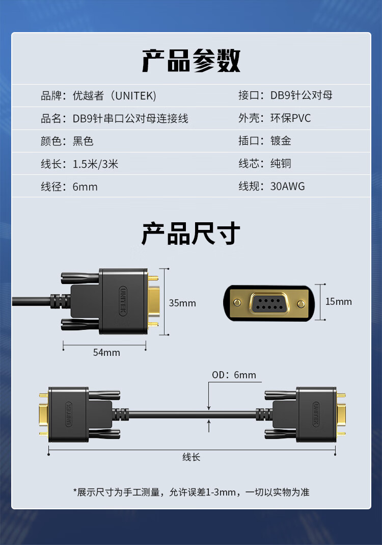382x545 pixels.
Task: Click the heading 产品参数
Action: (x=191, y=61)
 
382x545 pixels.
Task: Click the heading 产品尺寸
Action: (x=191, y=234)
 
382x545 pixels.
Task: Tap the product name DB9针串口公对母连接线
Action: (x=130, y=118)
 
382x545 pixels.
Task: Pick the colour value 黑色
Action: (x=83, y=141)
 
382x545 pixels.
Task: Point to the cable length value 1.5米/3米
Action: (x=95, y=164)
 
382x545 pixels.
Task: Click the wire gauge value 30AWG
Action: (x=287, y=187)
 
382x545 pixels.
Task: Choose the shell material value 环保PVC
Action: (x=290, y=118)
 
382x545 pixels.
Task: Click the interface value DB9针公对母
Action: (x=302, y=96)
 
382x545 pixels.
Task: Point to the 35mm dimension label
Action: (x=182, y=303)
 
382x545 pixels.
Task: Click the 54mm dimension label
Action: (x=106, y=352)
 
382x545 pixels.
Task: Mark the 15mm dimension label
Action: (x=339, y=302)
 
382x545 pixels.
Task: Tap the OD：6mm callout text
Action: (x=234, y=375)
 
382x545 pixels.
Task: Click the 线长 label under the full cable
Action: (x=191, y=457)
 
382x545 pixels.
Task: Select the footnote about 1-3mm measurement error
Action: (x=191, y=492)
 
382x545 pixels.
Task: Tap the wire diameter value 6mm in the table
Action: (x=85, y=187)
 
